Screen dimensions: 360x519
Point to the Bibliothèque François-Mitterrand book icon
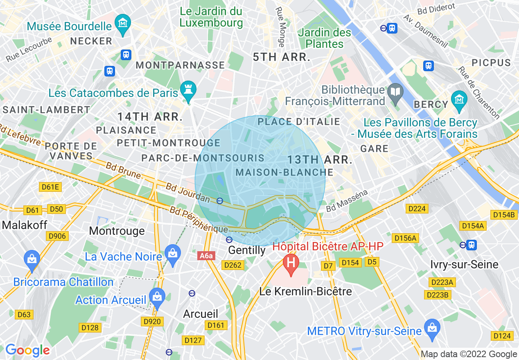(395, 91)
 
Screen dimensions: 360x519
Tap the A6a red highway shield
(207, 256)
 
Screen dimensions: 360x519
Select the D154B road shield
(503, 215)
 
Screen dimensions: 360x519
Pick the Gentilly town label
(247, 250)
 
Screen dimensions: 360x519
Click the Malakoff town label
(25, 225)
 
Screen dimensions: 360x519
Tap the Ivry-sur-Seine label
(464, 264)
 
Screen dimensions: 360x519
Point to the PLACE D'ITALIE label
(299, 122)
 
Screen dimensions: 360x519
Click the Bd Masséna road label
(347, 200)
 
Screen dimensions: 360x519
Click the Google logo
(27, 350)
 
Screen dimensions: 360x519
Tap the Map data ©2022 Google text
(469, 354)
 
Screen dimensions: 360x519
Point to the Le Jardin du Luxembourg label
(211, 17)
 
